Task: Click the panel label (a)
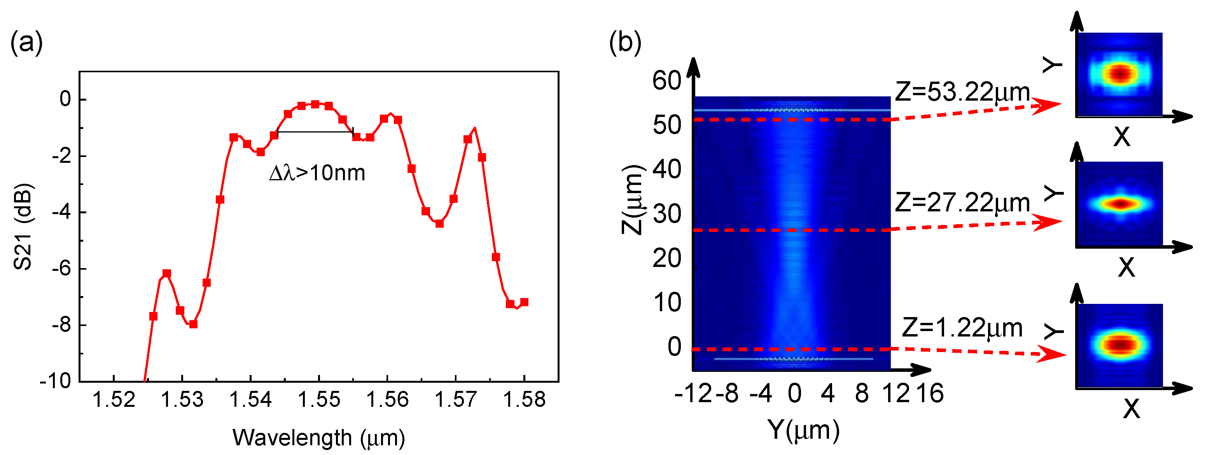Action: click(x=27, y=43)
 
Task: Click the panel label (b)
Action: click(x=625, y=43)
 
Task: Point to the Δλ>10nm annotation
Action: click(x=317, y=173)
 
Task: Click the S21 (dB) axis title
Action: click(x=23, y=227)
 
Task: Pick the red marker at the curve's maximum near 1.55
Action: click(x=315, y=104)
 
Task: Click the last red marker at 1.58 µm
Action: click(x=524, y=302)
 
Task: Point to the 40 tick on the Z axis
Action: click(x=666, y=170)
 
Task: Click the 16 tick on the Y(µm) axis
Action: click(x=929, y=394)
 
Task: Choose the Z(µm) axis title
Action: click(x=632, y=200)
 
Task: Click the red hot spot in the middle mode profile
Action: click(x=1121, y=204)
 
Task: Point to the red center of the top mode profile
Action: click(x=1120, y=73)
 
